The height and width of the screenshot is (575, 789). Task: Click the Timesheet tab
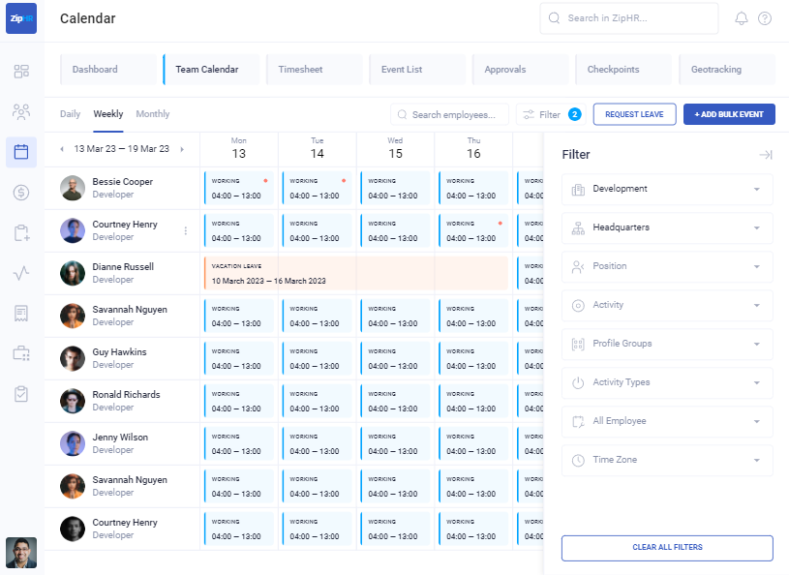click(x=300, y=70)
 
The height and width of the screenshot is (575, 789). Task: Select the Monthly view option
click(x=153, y=114)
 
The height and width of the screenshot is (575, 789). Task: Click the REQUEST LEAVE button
click(x=634, y=114)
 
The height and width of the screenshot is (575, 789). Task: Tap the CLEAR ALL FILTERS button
click(x=667, y=548)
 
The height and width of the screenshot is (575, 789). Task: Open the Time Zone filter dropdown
click(x=667, y=460)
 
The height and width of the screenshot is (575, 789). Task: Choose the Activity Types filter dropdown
click(x=667, y=382)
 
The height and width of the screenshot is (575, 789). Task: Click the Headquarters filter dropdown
click(x=667, y=227)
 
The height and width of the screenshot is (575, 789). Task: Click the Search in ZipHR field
click(x=629, y=17)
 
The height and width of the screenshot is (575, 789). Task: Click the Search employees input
click(x=450, y=114)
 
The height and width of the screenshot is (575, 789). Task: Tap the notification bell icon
click(x=742, y=18)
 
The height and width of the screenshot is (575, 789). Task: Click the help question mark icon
click(x=765, y=18)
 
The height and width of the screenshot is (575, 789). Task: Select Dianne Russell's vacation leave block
click(x=355, y=273)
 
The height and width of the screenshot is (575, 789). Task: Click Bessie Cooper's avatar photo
click(x=73, y=188)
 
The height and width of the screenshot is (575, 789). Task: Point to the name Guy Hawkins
click(x=119, y=352)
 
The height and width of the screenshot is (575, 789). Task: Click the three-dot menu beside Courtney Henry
click(x=186, y=230)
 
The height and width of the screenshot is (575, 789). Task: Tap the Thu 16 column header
click(x=472, y=148)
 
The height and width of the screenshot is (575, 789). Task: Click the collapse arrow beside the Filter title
click(x=765, y=155)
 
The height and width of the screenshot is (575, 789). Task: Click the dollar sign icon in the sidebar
click(x=21, y=193)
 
